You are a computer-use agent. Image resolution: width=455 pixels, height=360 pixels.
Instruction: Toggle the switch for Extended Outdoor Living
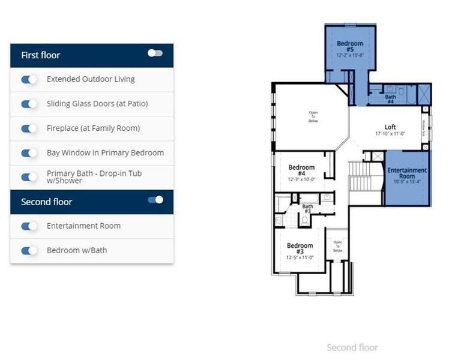click(x=29, y=79)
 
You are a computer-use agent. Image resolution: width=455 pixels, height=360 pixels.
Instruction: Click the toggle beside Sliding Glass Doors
click(x=29, y=104)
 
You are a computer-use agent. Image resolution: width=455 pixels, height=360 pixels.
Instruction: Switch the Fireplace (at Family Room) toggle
click(x=29, y=128)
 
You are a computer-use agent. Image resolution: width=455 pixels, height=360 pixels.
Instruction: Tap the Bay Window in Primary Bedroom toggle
click(x=29, y=153)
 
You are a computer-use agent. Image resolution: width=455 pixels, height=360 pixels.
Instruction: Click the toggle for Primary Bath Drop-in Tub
click(x=29, y=177)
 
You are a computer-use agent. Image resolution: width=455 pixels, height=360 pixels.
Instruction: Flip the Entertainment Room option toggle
click(x=29, y=226)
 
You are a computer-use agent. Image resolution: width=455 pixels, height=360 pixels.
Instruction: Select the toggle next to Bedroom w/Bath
click(x=29, y=250)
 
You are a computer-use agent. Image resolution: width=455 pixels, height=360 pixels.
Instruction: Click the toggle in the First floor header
click(x=155, y=53)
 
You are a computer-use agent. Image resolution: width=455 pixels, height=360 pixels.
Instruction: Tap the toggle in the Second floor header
click(x=155, y=200)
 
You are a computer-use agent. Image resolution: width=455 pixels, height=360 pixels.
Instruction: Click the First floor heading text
click(x=41, y=55)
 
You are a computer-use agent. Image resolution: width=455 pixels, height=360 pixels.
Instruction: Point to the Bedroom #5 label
click(x=350, y=46)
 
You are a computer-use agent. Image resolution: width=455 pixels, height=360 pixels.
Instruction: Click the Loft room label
click(x=390, y=127)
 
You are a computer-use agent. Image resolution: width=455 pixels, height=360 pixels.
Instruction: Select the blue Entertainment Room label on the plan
click(x=406, y=173)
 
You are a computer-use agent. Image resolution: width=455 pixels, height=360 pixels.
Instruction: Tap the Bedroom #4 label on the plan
click(x=301, y=170)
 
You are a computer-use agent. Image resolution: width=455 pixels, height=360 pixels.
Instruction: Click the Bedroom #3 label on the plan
click(x=300, y=248)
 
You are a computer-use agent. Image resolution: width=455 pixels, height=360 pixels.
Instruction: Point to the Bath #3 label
click(x=307, y=209)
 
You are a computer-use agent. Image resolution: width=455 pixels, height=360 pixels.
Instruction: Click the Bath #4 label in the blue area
click(x=390, y=99)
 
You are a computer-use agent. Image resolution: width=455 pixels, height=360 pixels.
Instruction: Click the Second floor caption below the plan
click(x=352, y=347)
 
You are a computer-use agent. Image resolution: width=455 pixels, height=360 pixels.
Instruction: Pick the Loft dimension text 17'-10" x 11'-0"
click(x=390, y=134)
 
